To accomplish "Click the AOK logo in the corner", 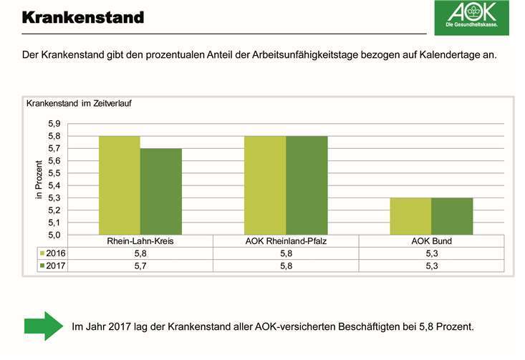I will [x=471, y=17].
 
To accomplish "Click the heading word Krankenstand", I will [x=83, y=16].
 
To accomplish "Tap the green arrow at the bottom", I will [x=44, y=326].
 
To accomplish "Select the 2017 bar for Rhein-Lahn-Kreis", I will [x=160, y=191].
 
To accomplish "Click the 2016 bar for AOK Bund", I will [x=410, y=216].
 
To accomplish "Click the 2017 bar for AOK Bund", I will [x=451, y=216].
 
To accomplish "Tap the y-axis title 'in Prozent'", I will [x=39, y=179].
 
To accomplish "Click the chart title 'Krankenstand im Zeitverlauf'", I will [x=79, y=103].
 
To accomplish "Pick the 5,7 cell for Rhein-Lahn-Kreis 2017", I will [x=140, y=266].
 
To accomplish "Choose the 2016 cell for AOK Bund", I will [x=430, y=253].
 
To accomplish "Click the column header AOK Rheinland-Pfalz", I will [x=285, y=241].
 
